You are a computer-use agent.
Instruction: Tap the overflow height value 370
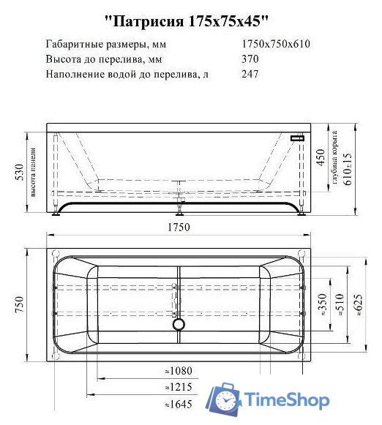(x=250, y=59)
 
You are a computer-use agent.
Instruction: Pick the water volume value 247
(x=250, y=75)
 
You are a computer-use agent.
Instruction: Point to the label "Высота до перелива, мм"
(x=103, y=59)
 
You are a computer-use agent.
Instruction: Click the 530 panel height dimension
(x=22, y=173)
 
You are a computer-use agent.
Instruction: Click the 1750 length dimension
(x=178, y=227)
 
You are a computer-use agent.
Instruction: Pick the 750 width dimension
(x=22, y=304)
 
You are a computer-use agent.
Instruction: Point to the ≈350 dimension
(x=323, y=306)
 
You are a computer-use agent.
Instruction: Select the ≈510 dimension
(x=339, y=306)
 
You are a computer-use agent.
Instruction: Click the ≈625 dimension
(x=357, y=306)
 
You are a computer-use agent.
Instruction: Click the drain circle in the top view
(x=179, y=324)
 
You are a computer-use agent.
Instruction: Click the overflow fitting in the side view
(x=298, y=136)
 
